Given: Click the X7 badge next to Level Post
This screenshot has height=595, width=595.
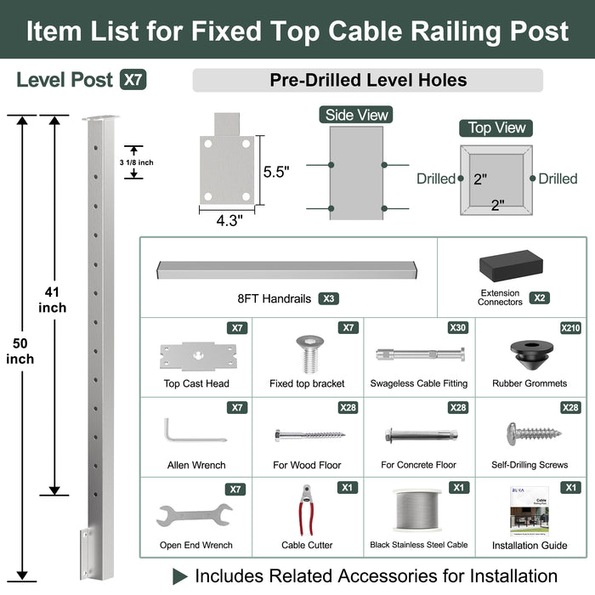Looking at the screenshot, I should (133, 81).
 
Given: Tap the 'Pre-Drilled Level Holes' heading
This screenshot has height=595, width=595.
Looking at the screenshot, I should (367, 81).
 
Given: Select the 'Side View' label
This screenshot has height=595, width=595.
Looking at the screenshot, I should (356, 115).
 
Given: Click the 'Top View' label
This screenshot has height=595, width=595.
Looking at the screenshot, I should (497, 128).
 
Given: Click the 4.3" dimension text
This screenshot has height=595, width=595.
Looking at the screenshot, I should (229, 221).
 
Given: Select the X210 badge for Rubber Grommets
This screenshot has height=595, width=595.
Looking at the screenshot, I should (570, 328).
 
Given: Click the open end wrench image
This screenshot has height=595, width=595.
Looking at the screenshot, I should (195, 516).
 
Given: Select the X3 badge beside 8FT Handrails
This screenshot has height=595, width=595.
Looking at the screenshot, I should (329, 298).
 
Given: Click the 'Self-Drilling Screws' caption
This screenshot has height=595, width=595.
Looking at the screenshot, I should (530, 465).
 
